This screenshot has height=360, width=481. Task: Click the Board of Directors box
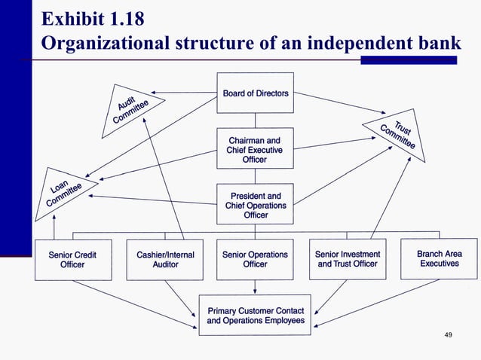[x=255, y=93]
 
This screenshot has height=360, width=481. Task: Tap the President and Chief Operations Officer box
[x=255, y=205]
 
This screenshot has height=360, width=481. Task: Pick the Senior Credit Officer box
[x=72, y=259]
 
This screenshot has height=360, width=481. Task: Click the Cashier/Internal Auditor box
[x=165, y=259]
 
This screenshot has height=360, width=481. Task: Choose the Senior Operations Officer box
[x=255, y=259]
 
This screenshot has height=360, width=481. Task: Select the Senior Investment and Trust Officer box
[x=348, y=259]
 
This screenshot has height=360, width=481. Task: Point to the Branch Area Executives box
[x=439, y=259]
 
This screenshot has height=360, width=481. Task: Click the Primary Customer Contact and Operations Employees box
[x=255, y=315]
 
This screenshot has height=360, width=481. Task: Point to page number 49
[x=449, y=334]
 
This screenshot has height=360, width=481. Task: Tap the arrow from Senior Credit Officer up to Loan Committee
[x=54, y=226]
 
